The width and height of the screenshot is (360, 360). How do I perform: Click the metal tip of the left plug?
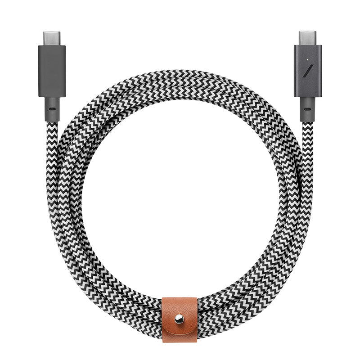point(52,38)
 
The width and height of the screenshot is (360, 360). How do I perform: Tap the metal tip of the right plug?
point(308,38)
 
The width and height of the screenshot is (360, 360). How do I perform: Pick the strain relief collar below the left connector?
point(52,109)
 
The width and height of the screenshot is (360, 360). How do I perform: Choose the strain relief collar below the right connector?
point(308,109)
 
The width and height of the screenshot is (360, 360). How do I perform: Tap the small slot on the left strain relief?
point(52,109)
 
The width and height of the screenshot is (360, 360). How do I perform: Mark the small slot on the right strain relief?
point(308,109)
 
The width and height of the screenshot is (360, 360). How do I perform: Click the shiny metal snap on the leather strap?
point(180,319)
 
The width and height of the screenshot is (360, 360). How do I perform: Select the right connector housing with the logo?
point(308,71)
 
